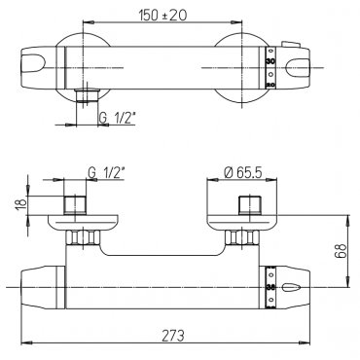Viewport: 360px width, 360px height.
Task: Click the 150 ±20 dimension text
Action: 162,15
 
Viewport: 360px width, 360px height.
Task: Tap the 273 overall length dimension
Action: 172,335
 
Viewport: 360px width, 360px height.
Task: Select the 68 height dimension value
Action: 341,251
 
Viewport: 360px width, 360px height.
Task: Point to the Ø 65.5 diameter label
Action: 243,173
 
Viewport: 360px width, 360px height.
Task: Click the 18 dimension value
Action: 21,203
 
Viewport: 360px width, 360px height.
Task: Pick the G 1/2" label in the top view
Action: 117,119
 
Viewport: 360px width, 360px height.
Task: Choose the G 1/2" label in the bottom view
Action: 106,173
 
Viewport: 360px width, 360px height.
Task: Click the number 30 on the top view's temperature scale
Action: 270,61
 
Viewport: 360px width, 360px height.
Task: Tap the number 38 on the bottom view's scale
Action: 270,287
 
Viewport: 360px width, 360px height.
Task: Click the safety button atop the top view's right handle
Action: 291,45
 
